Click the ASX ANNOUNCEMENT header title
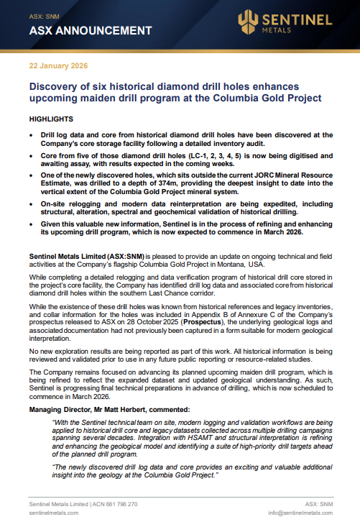[90, 31]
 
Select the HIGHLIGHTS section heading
[51, 117]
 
